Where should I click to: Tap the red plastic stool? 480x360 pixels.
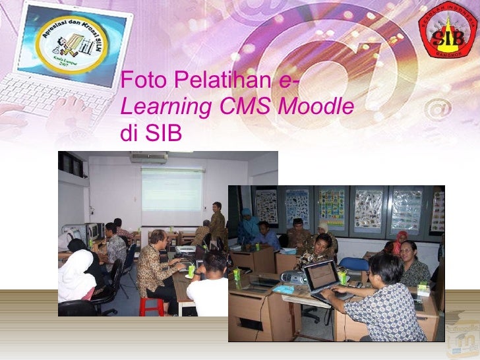(151, 306)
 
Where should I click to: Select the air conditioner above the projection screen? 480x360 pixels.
(148, 158)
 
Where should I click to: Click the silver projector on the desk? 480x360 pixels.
(293, 278)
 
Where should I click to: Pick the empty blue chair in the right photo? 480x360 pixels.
(354, 264)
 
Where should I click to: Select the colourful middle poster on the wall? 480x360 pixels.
(332, 208)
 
